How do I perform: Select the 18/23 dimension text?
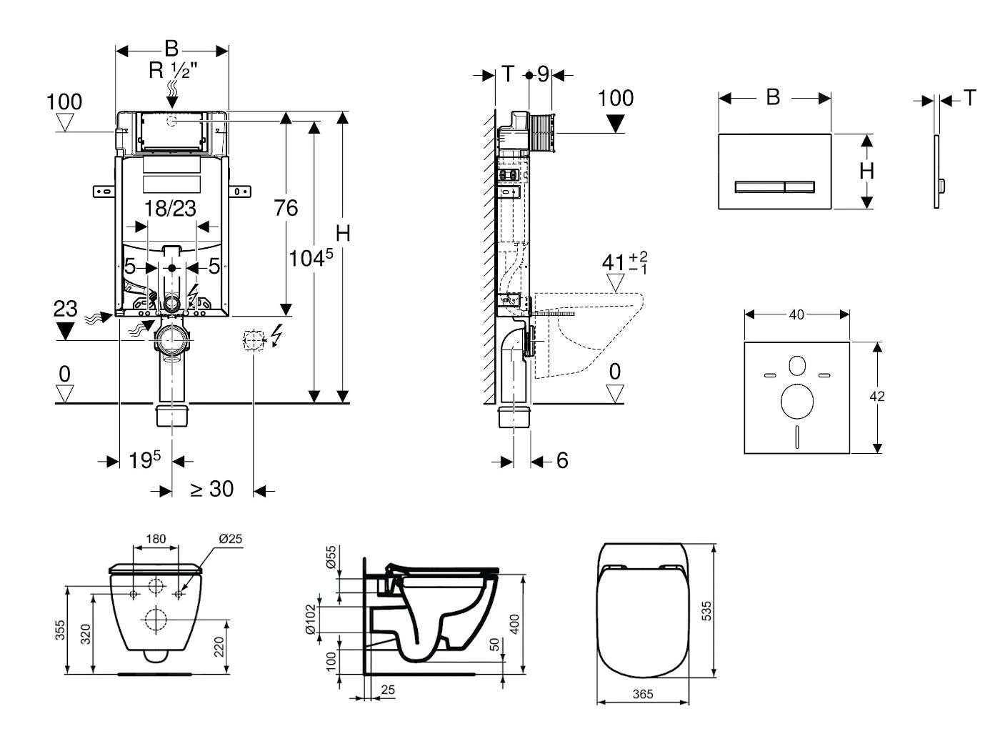170,209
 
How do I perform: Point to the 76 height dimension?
286,208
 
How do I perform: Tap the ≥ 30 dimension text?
211,490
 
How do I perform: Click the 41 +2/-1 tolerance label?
624,262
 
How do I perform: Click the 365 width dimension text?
642,694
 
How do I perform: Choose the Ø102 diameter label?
310,619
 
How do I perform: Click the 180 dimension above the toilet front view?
156,539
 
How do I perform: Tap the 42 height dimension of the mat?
877,397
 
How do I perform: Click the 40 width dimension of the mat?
796,314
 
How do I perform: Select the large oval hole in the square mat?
797,402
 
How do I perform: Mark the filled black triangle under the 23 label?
65,331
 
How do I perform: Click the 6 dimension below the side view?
562,461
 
